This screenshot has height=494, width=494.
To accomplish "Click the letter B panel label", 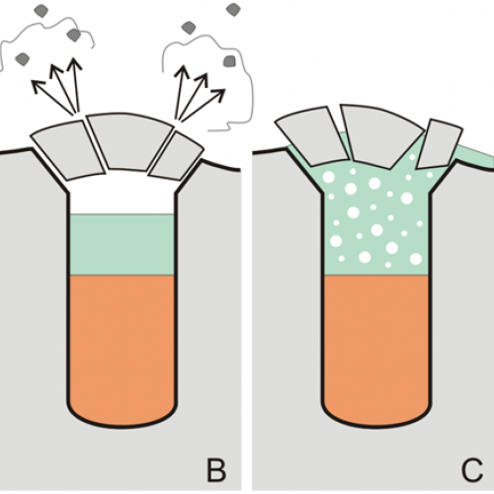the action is (x=216, y=470).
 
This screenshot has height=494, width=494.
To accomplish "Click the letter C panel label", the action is (x=472, y=470).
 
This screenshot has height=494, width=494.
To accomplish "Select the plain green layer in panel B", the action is (x=123, y=245).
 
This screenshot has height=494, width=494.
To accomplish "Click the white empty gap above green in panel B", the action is (x=123, y=195).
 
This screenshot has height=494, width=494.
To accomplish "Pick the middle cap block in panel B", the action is (x=130, y=142).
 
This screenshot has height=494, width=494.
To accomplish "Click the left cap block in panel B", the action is (x=68, y=150).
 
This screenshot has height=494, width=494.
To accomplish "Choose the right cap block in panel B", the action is (x=176, y=156).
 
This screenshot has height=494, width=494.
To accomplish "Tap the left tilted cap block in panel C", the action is (x=311, y=135).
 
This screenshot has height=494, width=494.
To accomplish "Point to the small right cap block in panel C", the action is (x=440, y=144).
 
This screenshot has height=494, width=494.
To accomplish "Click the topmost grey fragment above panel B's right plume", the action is (x=233, y=10).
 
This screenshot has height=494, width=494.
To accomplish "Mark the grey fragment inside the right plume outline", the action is (x=229, y=61).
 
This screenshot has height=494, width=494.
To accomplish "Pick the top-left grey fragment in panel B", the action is (x=41, y=11).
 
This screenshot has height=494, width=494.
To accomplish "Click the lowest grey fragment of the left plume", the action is (x=23, y=59).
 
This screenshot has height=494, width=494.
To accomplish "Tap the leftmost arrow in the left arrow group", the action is (x=52, y=96).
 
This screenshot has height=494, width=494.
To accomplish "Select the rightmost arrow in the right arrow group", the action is (x=203, y=105).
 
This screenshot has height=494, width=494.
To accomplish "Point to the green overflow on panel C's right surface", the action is (x=474, y=156).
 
